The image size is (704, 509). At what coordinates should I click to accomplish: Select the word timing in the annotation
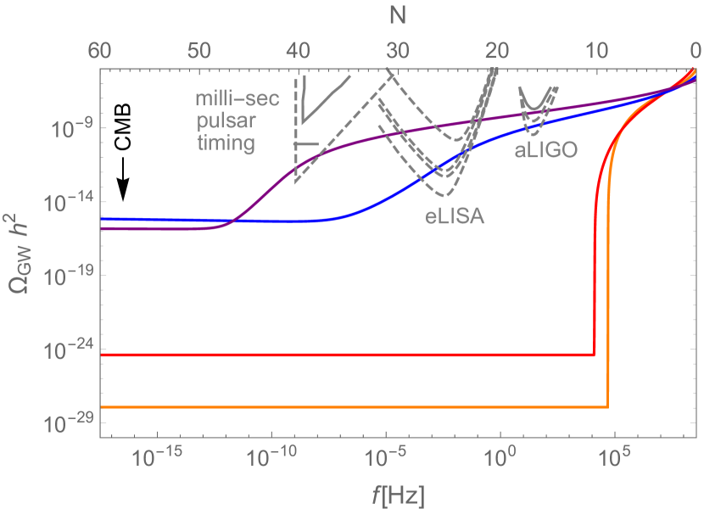pyautogui.click(x=226, y=143)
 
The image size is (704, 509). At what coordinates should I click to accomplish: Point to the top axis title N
pyautogui.click(x=398, y=16)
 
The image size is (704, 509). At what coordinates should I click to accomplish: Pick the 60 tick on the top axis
pyautogui.click(x=101, y=50)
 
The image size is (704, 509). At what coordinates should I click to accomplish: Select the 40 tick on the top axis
pyautogui.click(x=299, y=50)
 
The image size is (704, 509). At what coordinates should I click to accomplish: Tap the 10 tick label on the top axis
pyautogui.click(x=597, y=50)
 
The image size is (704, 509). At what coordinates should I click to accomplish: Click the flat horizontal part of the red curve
pyautogui.click(x=339, y=354)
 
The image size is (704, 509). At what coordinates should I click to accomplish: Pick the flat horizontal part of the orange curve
pyautogui.click(x=339, y=408)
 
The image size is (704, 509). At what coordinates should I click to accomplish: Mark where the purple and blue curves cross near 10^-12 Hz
pyautogui.click(x=232, y=222)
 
